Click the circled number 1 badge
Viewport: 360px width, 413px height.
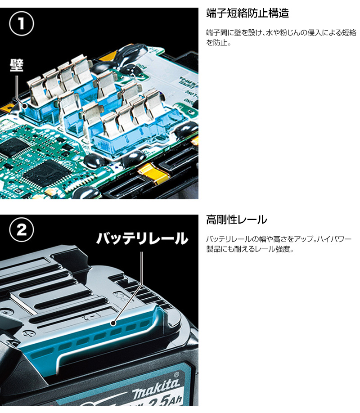[22, 24]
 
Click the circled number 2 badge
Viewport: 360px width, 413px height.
[22, 230]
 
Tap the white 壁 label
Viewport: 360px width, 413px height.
[17, 65]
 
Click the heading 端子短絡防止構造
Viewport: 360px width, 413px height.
[247, 13]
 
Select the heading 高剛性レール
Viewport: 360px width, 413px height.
[236, 220]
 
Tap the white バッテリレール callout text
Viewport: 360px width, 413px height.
[142, 238]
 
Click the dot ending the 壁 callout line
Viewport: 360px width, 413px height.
[24, 106]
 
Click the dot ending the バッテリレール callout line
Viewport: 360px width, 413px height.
[113, 323]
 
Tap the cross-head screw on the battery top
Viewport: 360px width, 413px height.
[29, 333]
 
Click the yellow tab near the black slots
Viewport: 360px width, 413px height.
[153, 173]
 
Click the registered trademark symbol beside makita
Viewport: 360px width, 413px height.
[176, 374]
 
